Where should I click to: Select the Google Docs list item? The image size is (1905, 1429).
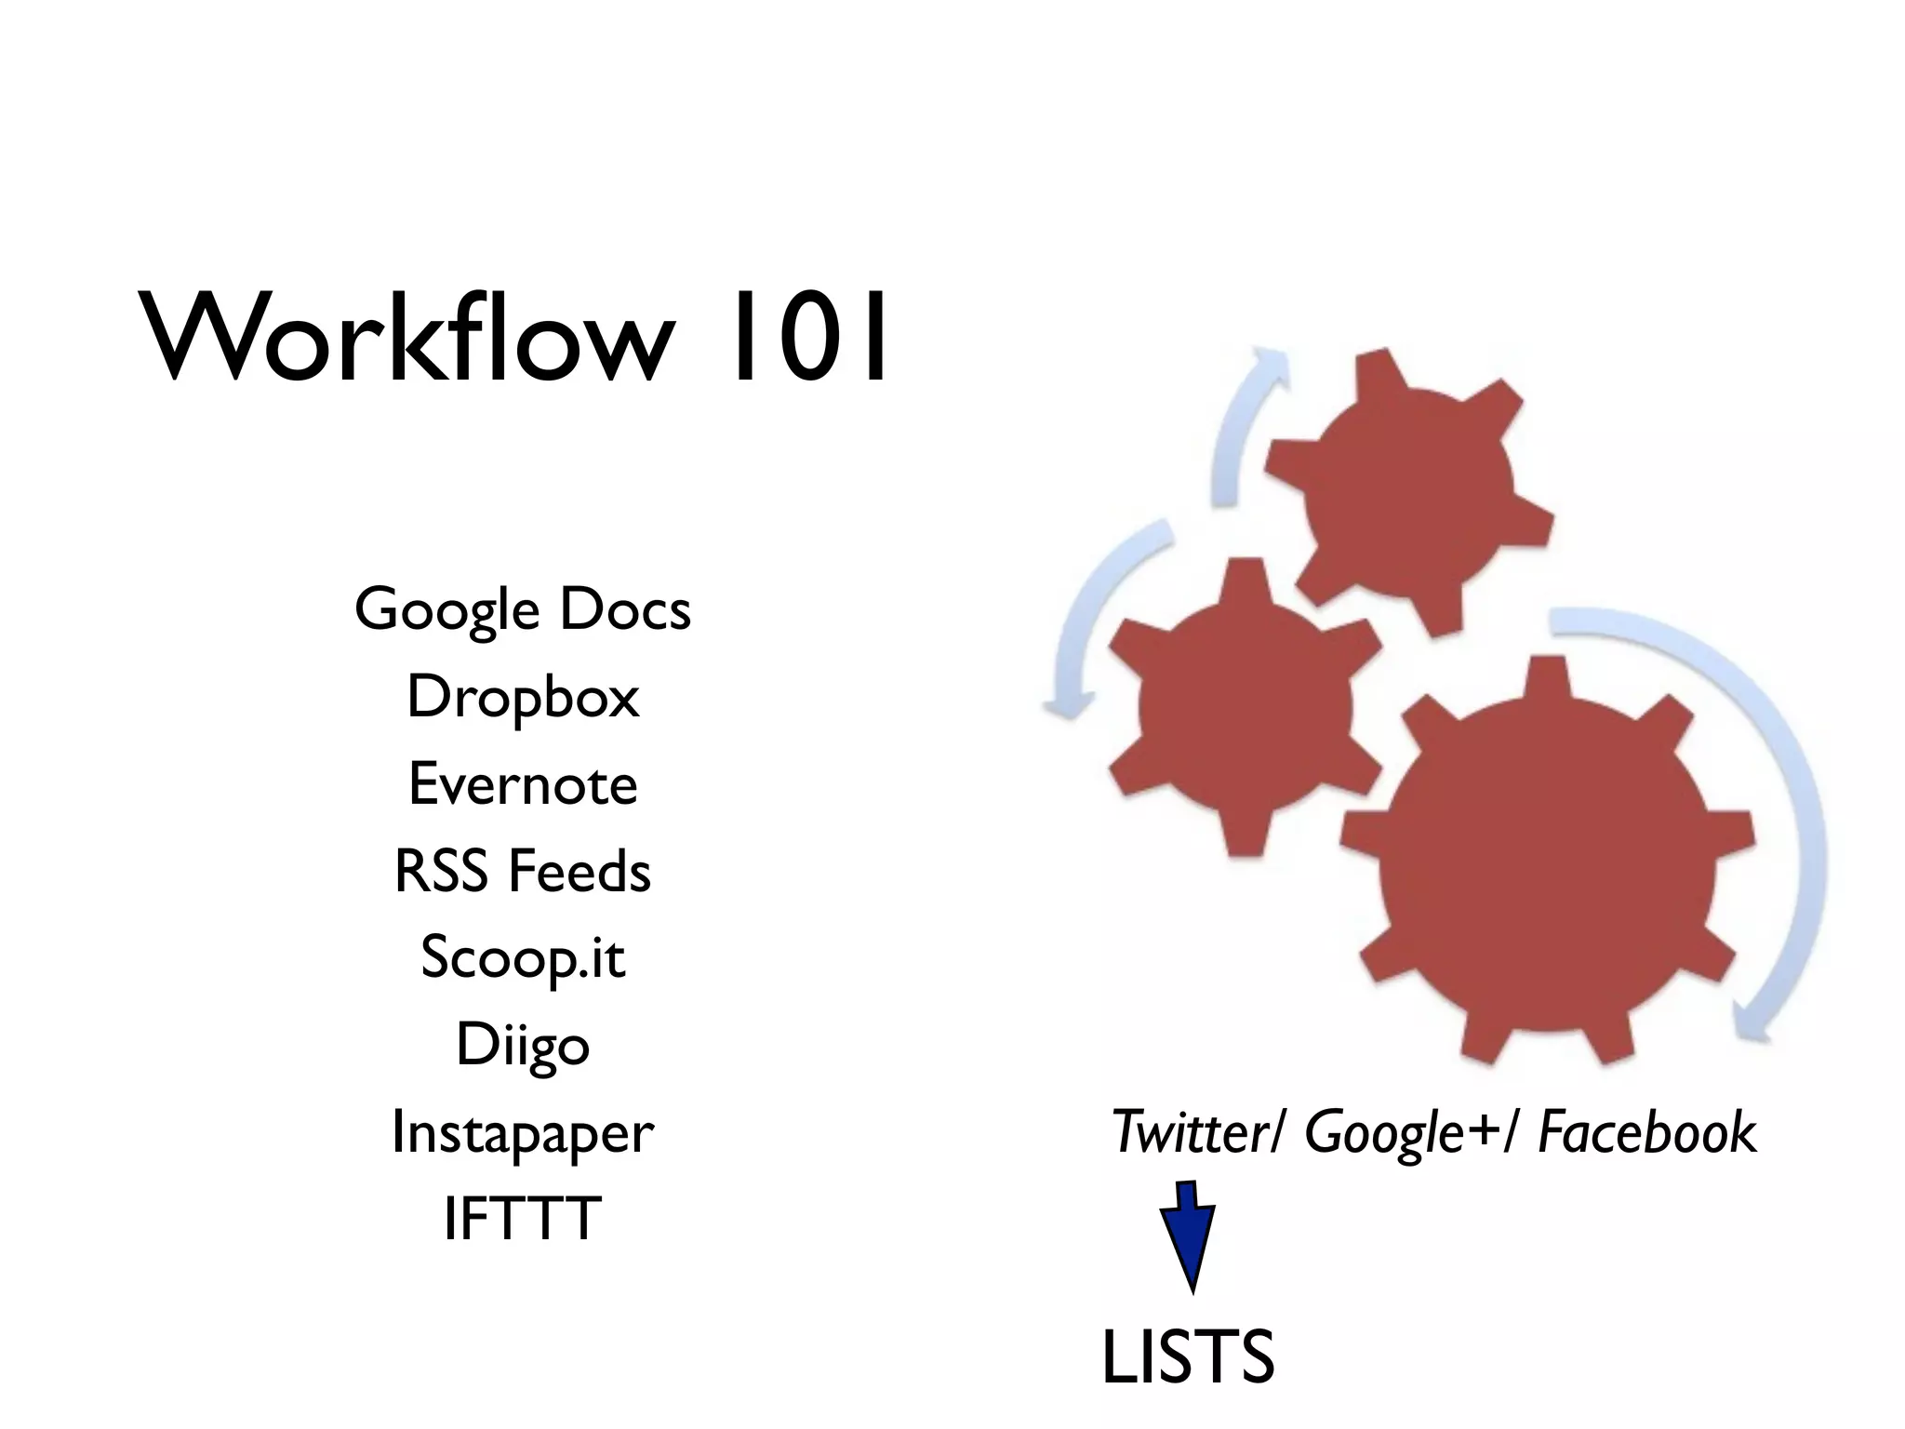tap(523, 609)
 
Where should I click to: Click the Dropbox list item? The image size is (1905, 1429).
tap(523, 697)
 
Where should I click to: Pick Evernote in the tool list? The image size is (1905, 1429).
tap(523, 783)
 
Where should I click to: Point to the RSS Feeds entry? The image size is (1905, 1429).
tap(523, 871)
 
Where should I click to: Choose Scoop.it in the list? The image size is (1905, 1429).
tap(523, 957)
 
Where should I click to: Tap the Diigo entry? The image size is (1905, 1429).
tap(523, 1045)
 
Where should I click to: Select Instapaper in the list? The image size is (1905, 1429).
tap(523, 1132)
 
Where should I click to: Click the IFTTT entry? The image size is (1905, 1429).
tap(523, 1219)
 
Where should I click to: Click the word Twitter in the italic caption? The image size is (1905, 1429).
tap(1196, 1132)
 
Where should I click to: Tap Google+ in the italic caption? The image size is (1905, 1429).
tap(1400, 1132)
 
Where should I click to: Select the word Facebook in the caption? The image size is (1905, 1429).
tap(1646, 1132)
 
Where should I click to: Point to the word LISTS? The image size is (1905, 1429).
tap(1188, 1357)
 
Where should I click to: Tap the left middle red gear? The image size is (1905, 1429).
tap(1242, 707)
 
